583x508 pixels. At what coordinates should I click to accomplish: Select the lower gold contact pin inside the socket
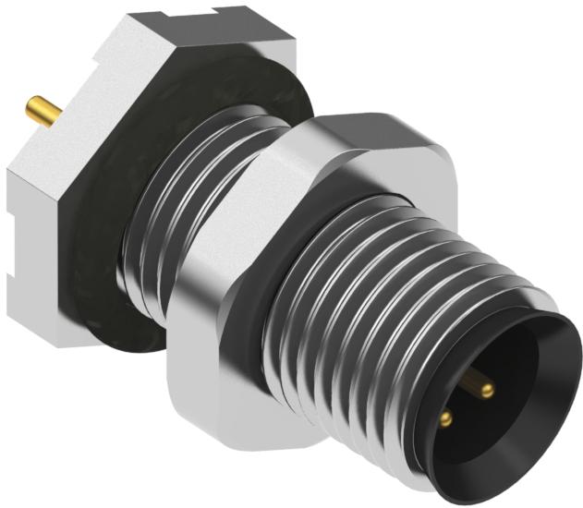click(x=447, y=418)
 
